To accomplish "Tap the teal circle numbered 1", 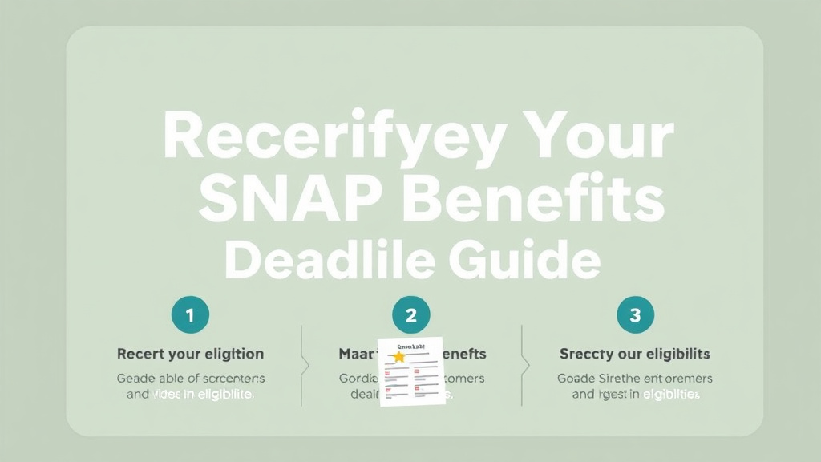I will [190, 315].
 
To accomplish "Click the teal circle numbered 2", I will [410, 315].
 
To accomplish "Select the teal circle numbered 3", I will [635, 315].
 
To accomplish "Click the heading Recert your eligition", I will [190, 354].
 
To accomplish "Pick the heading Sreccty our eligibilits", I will [634, 354].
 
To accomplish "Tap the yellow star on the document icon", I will [398, 356].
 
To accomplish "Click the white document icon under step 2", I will [411, 371].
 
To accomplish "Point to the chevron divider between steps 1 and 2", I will [303, 365].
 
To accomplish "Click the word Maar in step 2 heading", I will [354, 354].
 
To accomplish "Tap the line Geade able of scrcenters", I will [190, 379].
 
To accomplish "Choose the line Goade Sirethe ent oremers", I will [634, 379].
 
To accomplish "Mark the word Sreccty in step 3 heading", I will [585, 354].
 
